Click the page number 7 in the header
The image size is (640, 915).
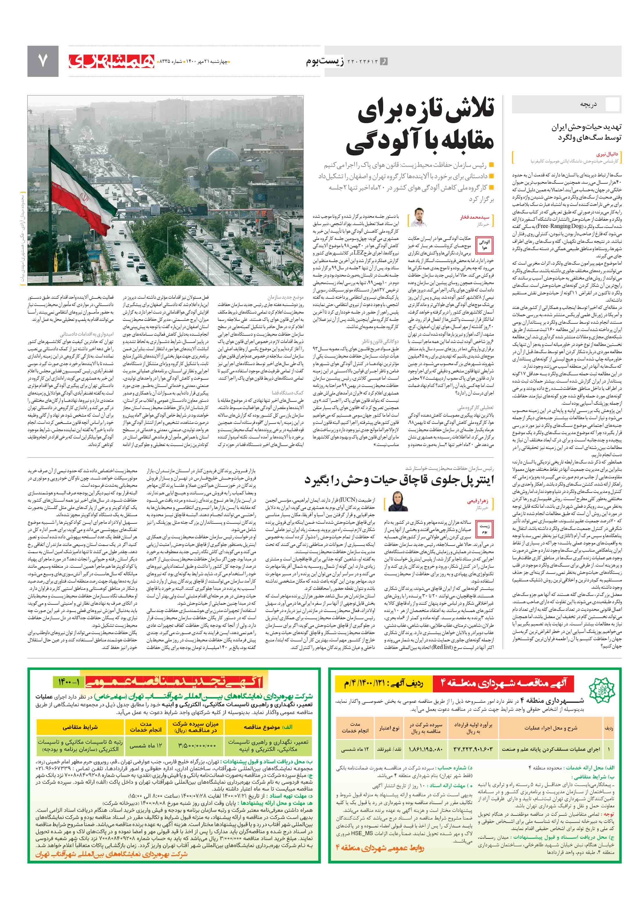tap(42, 61)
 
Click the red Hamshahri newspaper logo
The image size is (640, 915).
tap(111, 61)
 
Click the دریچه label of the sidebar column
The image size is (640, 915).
tap(588, 105)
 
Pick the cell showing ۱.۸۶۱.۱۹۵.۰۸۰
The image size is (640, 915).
tap(425, 749)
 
